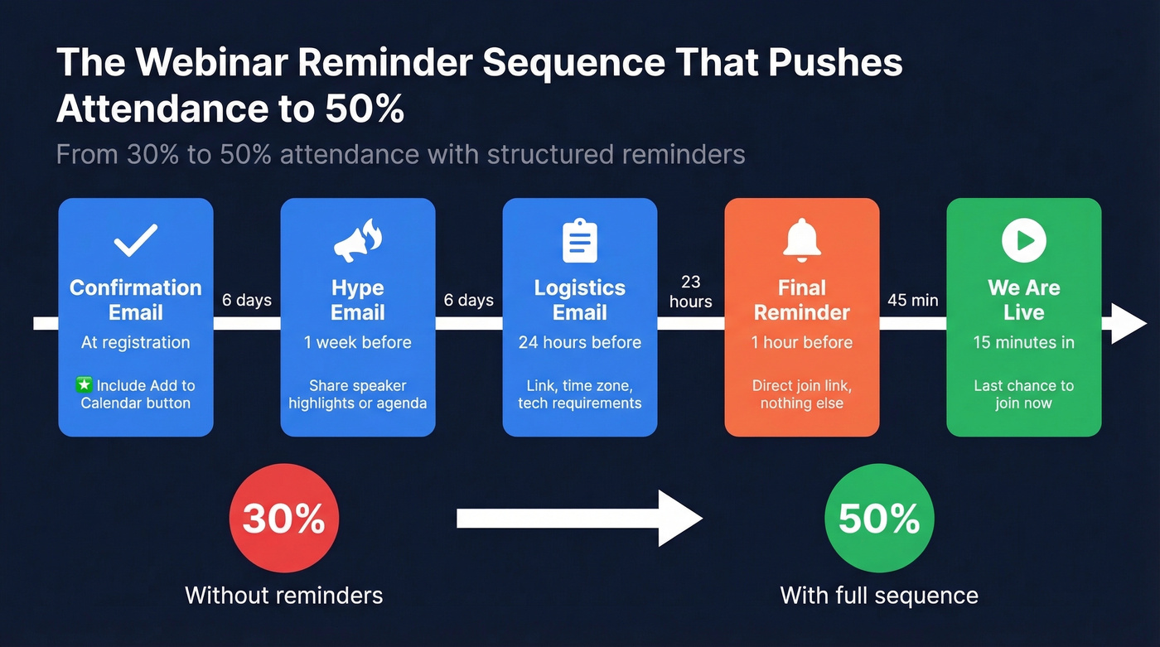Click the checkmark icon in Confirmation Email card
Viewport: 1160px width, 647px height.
click(x=136, y=240)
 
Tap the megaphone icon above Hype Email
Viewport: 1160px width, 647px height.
click(x=357, y=241)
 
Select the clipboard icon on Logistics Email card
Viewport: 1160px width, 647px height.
click(x=579, y=240)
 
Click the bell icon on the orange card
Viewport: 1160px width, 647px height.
click(x=801, y=239)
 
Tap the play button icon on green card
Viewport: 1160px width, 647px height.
click(x=1023, y=240)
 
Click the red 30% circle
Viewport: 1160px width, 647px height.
click(x=283, y=519)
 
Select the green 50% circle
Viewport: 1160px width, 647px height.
click(x=879, y=519)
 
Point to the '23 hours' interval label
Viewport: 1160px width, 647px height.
click(x=690, y=292)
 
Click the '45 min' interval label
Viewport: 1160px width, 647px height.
click(x=912, y=300)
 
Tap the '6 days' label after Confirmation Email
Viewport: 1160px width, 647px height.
click(x=247, y=300)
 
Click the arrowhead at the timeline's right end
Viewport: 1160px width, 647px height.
click(x=1129, y=323)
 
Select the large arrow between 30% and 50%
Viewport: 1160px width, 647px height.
click(x=579, y=519)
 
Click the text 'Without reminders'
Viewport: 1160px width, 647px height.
click(x=283, y=595)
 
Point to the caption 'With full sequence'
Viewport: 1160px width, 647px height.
click(x=879, y=595)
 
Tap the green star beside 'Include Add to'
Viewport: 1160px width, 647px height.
click(x=84, y=385)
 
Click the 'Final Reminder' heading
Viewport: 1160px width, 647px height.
click(x=801, y=300)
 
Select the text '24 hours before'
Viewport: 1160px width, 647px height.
click(x=579, y=342)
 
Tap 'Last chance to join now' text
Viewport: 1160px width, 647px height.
click(x=1023, y=394)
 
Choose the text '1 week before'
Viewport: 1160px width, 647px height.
click(x=357, y=342)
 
